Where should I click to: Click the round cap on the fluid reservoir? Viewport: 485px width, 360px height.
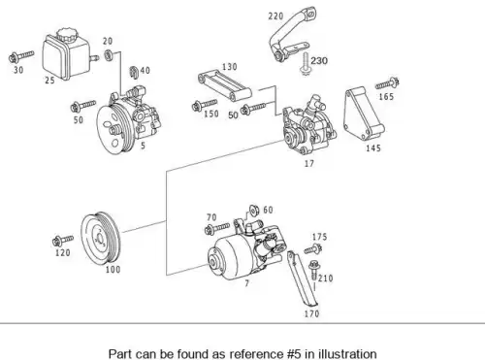[67, 35]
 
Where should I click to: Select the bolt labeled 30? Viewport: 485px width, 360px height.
[21, 56]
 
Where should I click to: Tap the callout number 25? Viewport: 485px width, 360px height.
[49, 80]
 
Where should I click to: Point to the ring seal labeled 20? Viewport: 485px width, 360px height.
[109, 55]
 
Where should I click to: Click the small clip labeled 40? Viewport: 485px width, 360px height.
[134, 72]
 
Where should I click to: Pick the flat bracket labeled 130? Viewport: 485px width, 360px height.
[224, 86]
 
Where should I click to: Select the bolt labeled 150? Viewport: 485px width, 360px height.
[205, 105]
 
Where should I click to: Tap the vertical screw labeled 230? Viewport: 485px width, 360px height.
[305, 63]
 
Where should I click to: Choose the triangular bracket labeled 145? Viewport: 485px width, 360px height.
[363, 114]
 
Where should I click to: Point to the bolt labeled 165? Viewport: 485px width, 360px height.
[387, 83]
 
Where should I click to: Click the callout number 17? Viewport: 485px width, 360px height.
[309, 164]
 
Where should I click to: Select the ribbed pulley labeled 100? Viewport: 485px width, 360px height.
[100, 238]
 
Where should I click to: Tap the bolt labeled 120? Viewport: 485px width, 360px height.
[63, 241]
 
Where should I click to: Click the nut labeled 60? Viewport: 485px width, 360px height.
[254, 211]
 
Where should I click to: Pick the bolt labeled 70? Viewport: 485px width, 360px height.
[217, 228]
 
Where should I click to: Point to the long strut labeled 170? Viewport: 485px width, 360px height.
[303, 278]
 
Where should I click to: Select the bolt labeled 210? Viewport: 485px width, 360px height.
[313, 270]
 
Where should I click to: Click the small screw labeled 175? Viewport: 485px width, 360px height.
[312, 249]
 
